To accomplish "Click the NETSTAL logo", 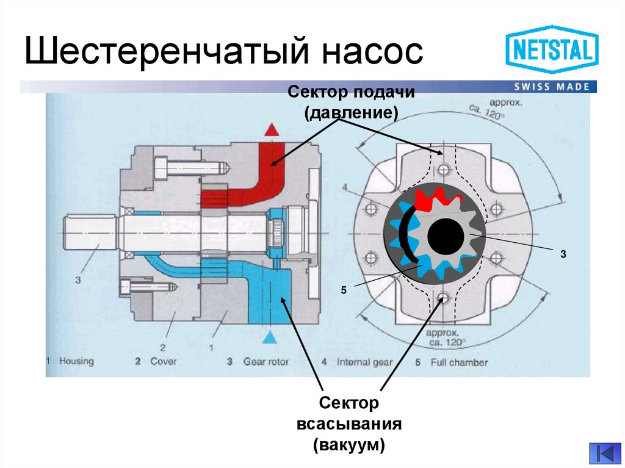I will coord(552,49).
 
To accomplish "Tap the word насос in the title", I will coord(372,51).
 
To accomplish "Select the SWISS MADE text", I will coord(552,86).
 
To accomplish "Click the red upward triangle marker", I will coord(271,130).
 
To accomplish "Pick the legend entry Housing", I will coord(76,361).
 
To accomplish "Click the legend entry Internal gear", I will coord(364,362).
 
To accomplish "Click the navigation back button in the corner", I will coord(604,453).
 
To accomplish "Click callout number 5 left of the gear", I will coord(344,292).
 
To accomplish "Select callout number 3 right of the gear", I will coord(564,253).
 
